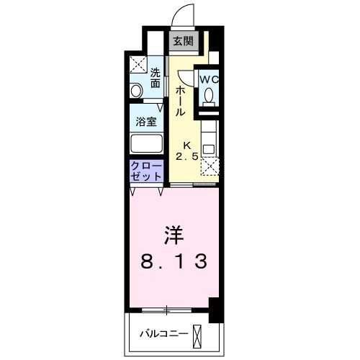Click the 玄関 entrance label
(181, 41)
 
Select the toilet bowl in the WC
(209, 95)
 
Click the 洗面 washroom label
(156, 77)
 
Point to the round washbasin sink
(135, 91)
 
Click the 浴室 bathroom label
(146, 122)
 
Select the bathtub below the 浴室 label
(146, 143)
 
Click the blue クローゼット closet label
(146, 171)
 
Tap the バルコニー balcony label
(163, 333)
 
